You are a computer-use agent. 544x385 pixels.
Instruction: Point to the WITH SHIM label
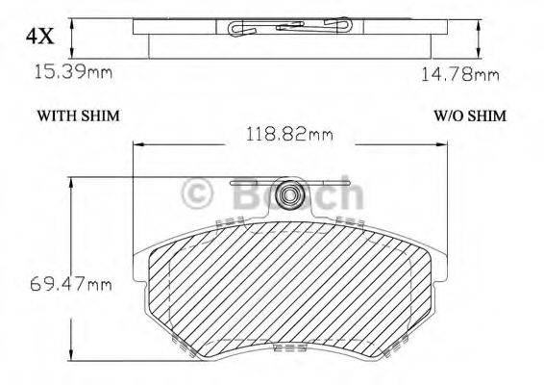(x=78, y=115)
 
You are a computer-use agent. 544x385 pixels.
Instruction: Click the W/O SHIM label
(x=469, y=115)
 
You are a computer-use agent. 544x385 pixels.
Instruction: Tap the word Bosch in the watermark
(x=297, y=195)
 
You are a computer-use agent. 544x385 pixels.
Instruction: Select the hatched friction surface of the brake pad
(x=288, y=289)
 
